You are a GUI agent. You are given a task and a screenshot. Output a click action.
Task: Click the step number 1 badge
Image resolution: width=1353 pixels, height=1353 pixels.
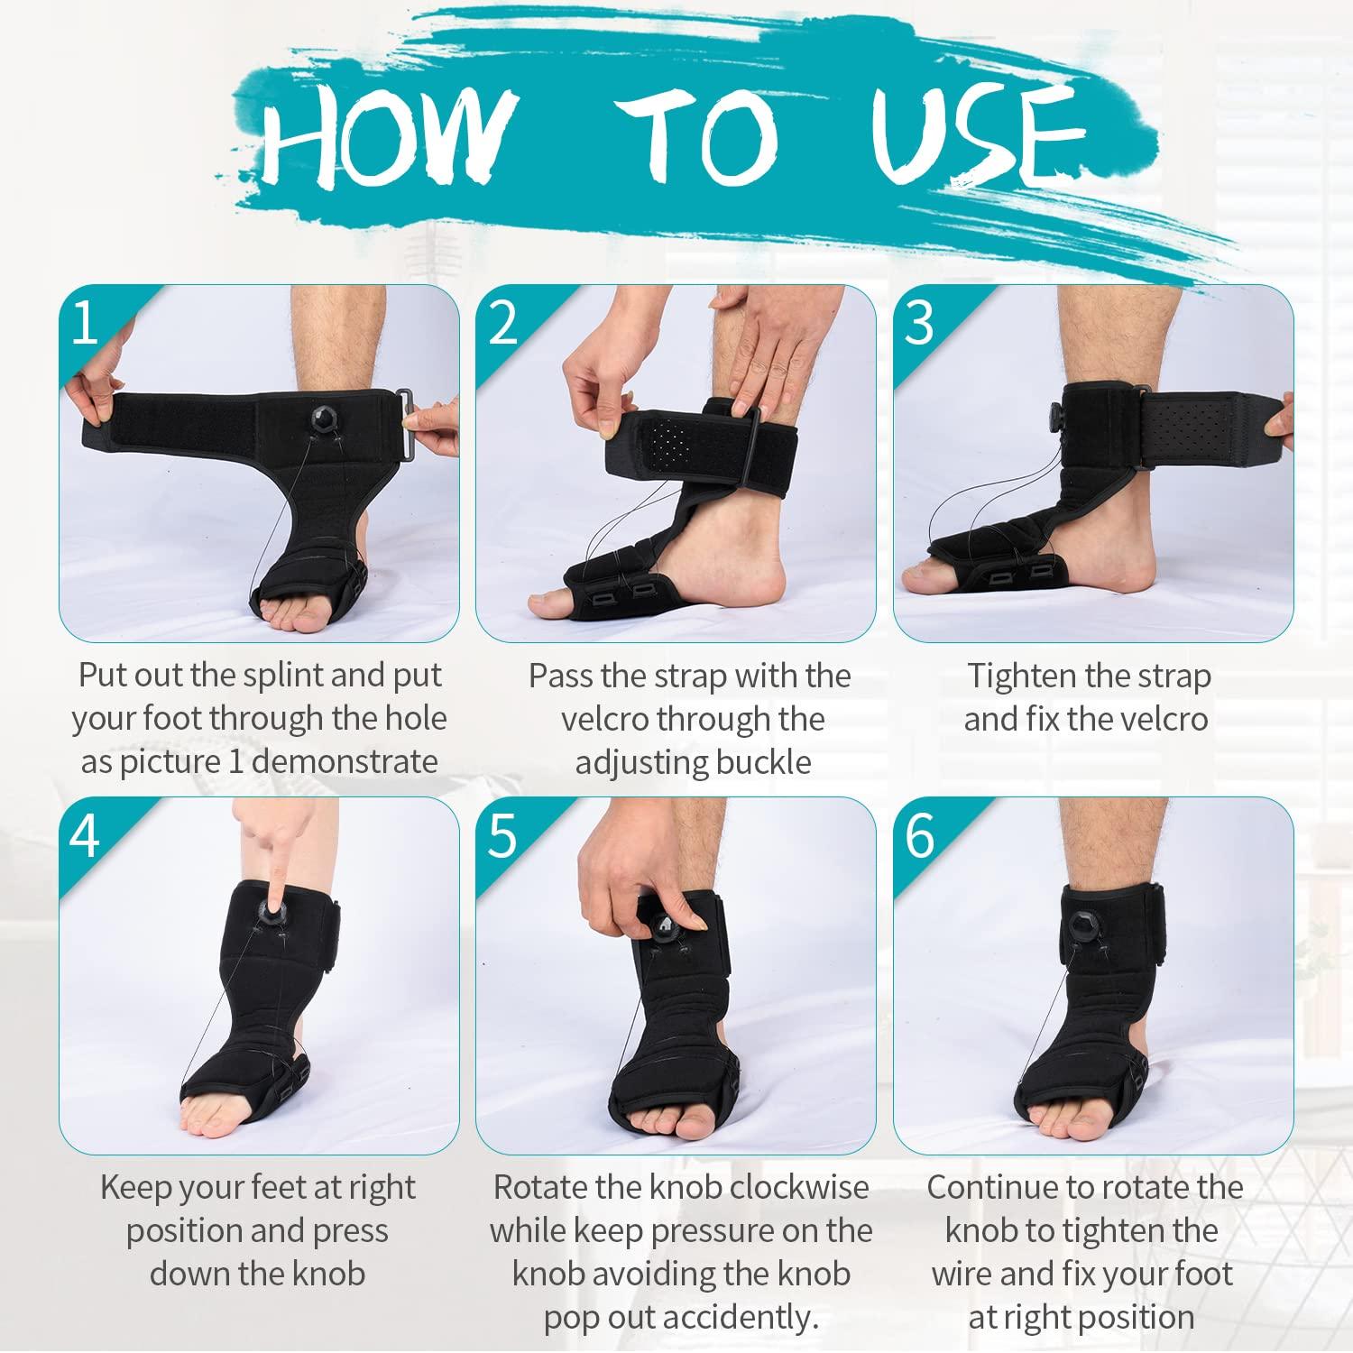[84, 322]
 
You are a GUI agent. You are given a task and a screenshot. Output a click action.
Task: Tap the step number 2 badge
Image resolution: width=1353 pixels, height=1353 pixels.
[502, 322]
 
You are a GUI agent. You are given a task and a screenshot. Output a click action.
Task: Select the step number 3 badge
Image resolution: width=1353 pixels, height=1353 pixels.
[918, 322]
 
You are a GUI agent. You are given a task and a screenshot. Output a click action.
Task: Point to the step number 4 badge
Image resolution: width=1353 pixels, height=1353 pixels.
[84, 835]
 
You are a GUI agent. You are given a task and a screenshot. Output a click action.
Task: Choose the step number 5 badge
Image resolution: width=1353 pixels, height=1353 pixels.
[502, 835]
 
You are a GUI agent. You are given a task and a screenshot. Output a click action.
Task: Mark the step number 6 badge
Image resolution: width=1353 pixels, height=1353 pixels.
[918, 835]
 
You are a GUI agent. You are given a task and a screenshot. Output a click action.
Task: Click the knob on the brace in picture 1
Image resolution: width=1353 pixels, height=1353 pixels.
[324, 418]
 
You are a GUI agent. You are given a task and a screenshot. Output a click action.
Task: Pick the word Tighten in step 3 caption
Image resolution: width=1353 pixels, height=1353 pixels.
[1022, 676]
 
